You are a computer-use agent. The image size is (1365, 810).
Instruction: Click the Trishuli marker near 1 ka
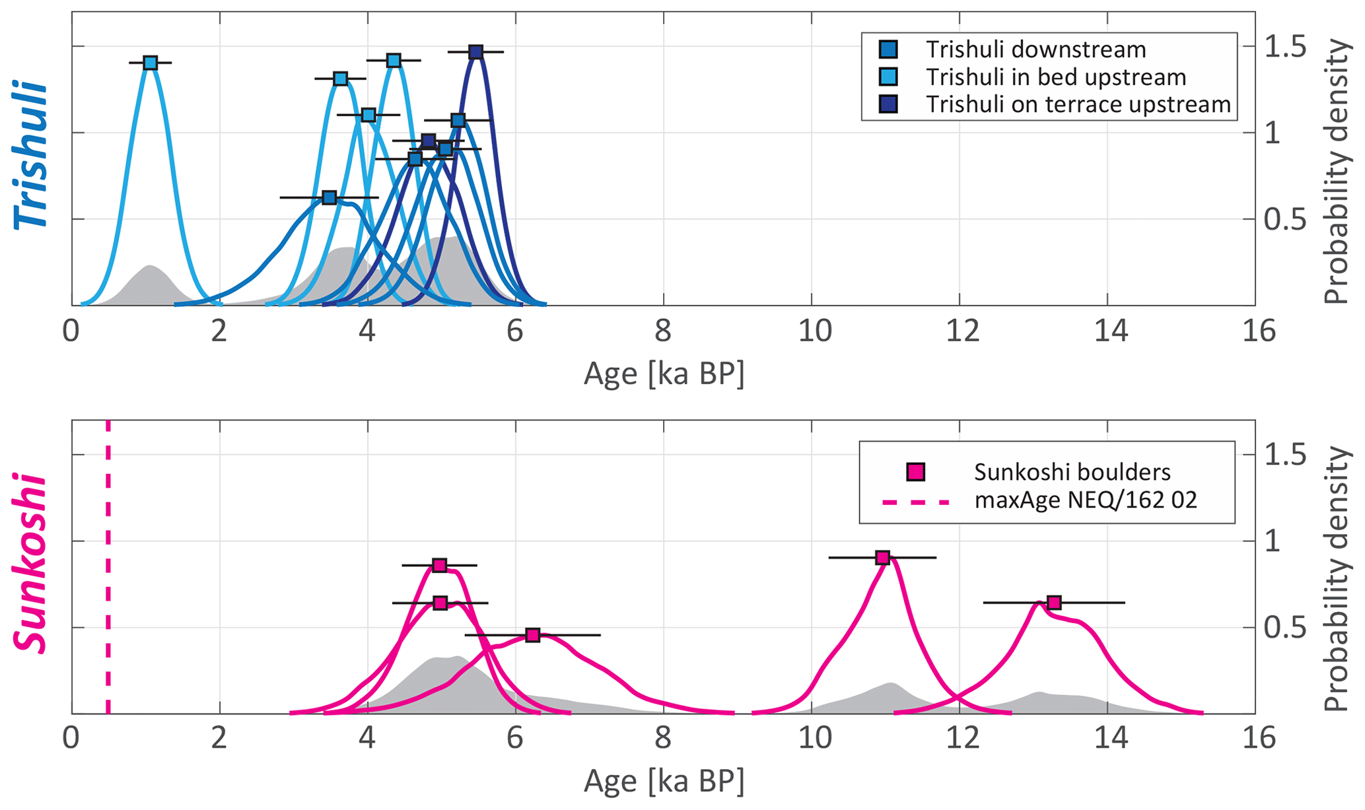pyautogui.click(x=151, y=63)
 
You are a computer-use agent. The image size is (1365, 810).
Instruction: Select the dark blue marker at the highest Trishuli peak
pyautogui.click(x=475, y=51)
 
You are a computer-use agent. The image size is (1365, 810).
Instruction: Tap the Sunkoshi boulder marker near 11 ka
pyautogui.click(x=882, y=558)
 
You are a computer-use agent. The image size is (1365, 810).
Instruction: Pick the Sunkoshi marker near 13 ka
pyautogui.click(x=1054, y=603)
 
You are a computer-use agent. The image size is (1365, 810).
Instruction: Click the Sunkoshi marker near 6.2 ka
pyautogui.click(x=533, y=635)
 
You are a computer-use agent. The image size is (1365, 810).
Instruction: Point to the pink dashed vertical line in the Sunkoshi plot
pyautogui.click(x=108, y=568)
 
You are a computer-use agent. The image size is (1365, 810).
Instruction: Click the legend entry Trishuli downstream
pyautogui.click(x=1034, y=50)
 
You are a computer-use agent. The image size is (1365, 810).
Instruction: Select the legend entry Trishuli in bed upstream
pyautogui.click(x=1055, y=77)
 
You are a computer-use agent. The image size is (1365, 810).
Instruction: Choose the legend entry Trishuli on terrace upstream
pyautogui.click(x=1078, y=104)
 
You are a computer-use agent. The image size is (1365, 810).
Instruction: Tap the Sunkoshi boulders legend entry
pyautogui.click(x=1071, y=472)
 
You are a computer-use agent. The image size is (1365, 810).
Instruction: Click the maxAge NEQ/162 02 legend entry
pyautogui.click(x=1085, y=500)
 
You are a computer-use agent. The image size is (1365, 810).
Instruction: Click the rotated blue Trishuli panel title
pyautogui.click(x=30, y=156)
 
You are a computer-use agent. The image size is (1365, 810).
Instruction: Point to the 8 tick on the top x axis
pyautogui.click(x=663, y=330)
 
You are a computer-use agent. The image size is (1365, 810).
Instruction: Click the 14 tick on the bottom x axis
pyautogui.click(x=1110, y=737)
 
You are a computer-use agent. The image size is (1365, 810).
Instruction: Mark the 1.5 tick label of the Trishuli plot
pyautogui.click(x=1284, y=48)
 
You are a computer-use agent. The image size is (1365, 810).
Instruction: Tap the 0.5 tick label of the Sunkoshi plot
pyautogui.click(x=1284, y=628)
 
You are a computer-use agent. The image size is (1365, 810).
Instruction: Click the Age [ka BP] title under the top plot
pyautogui.click(x=664, y=374)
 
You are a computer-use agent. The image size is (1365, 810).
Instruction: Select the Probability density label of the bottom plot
pyautogui.click(x=1337, y=579)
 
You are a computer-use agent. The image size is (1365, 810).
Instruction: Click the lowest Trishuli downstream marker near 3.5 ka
pyautogui.click(x=329, y=197)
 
